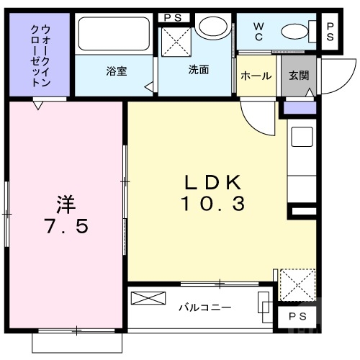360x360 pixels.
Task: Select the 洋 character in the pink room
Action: click(x=66, y=203)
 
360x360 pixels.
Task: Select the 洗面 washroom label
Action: click(x=199, y=71)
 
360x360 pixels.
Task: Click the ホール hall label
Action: click(x=256, y=76)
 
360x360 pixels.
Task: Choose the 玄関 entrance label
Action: click(x=298, y=76)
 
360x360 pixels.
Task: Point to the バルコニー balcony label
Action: click(x=205, y=307)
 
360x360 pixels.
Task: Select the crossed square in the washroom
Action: click(x=175, y=42)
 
